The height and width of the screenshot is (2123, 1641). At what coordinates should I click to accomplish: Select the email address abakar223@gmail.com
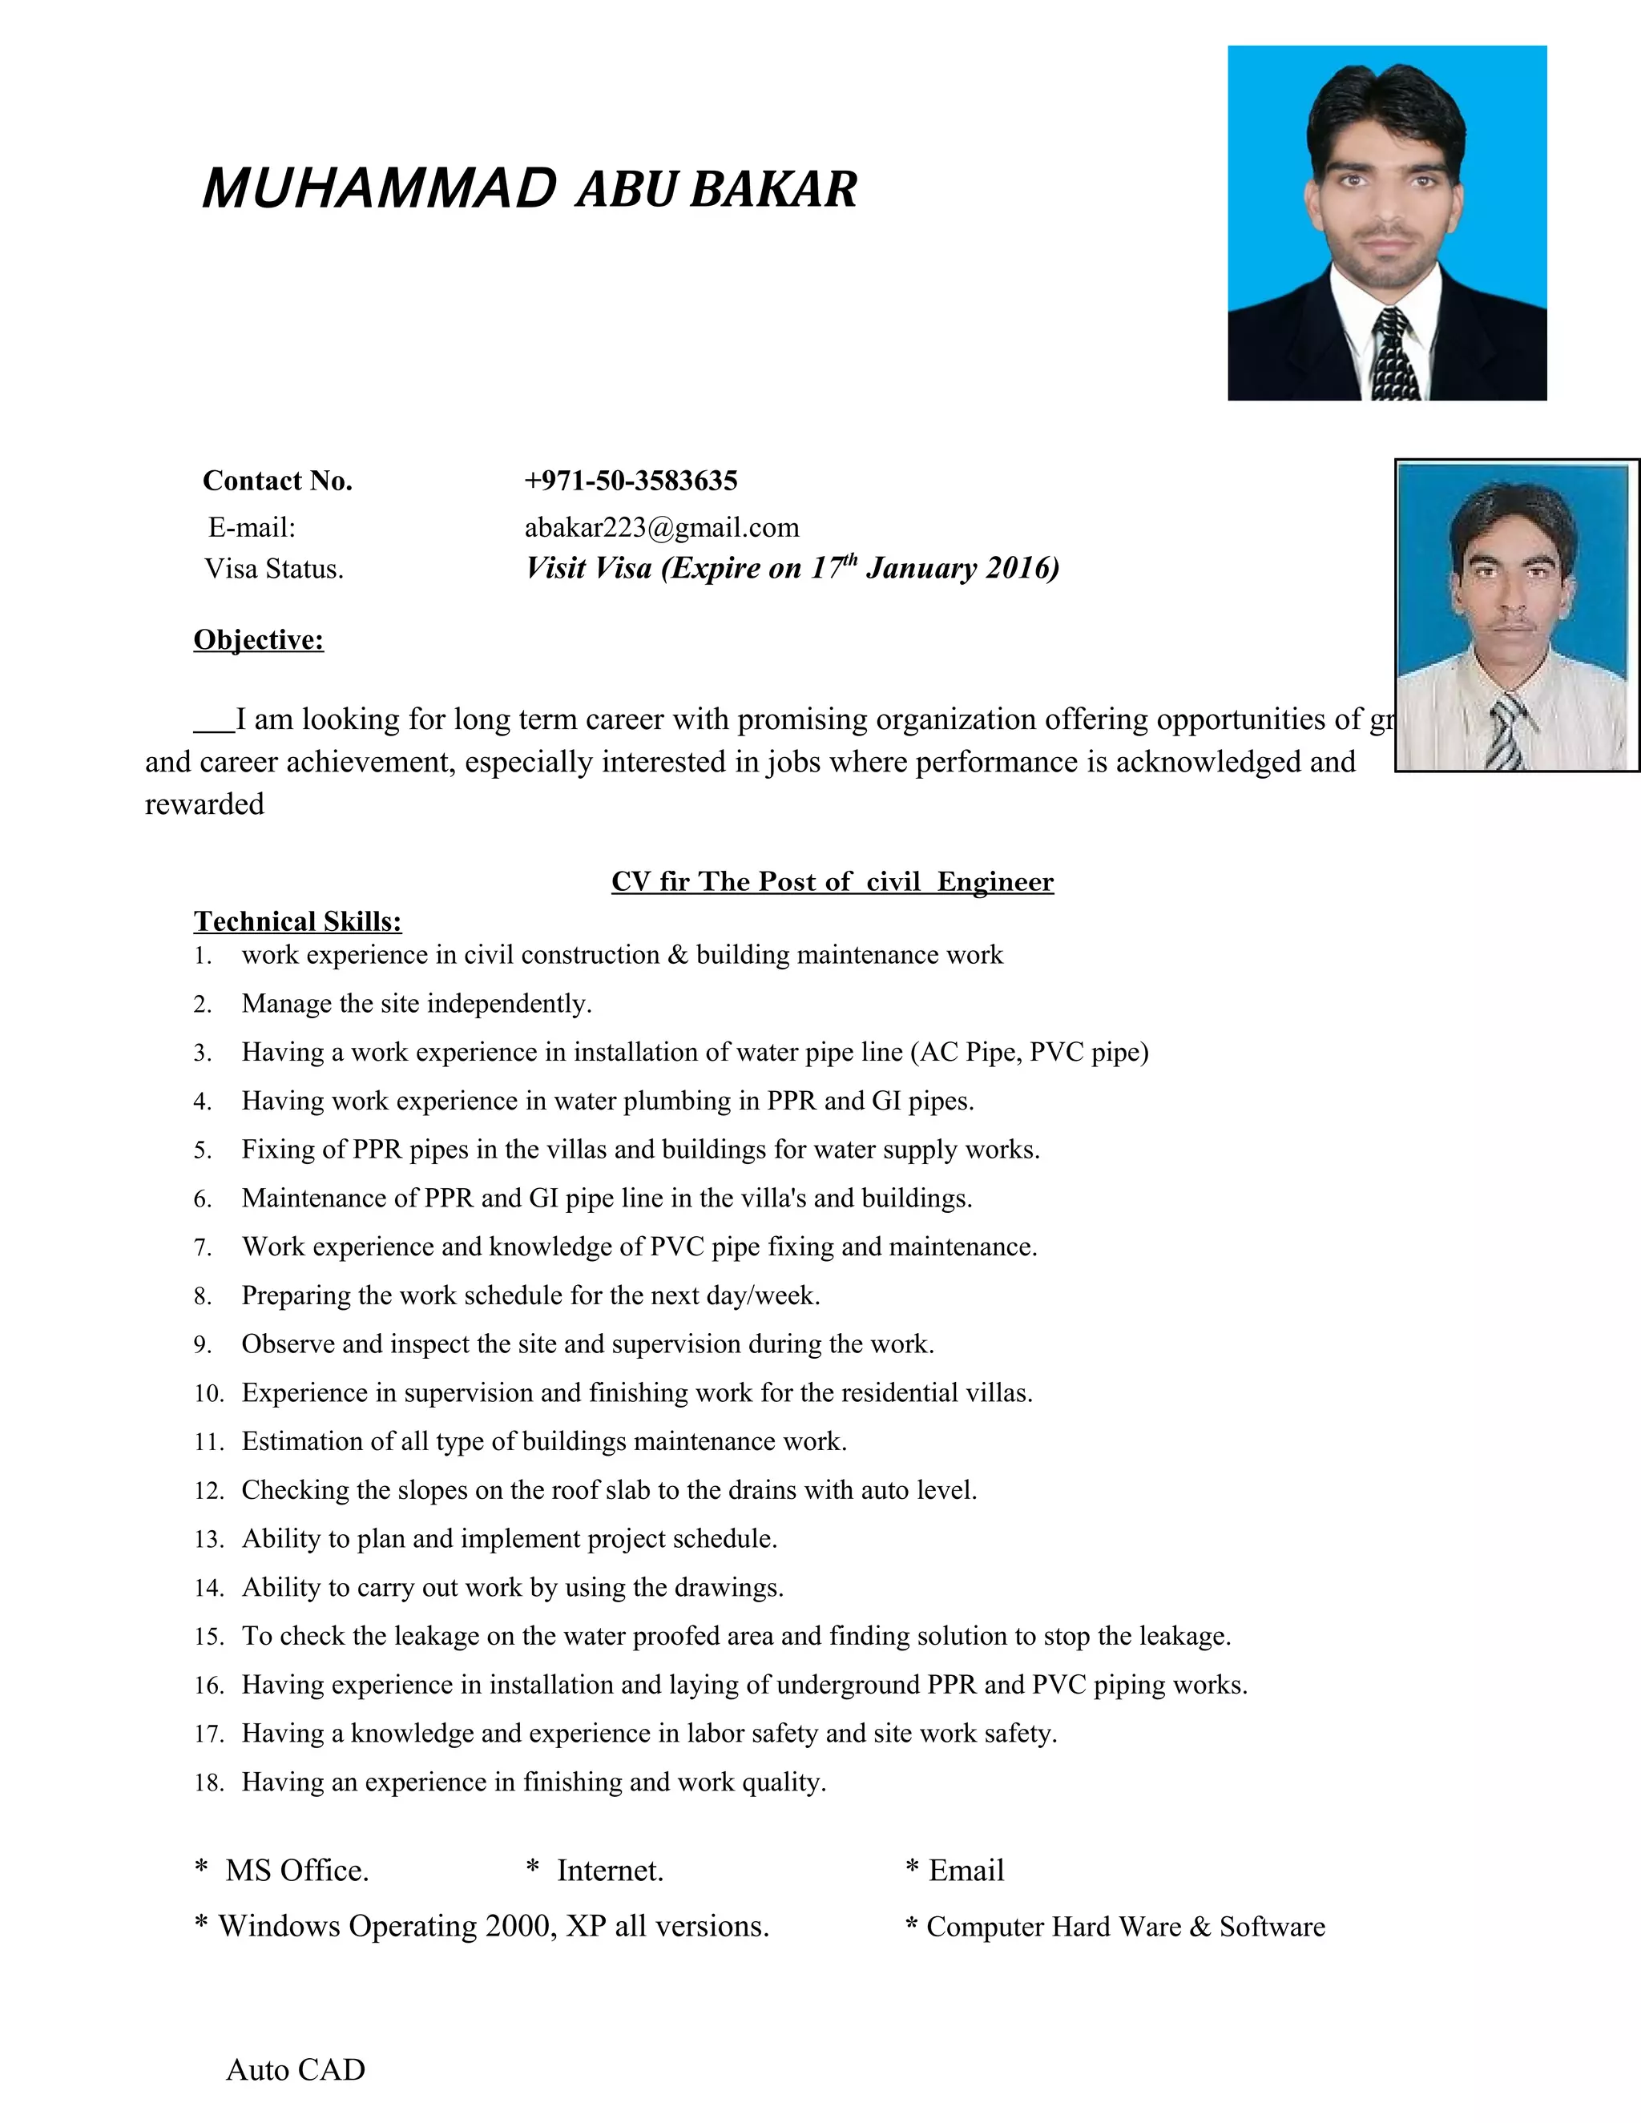[661, 527]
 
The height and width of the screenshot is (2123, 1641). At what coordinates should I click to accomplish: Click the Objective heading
[259, 639]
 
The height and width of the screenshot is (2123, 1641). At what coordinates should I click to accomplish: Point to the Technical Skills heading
[297, 921]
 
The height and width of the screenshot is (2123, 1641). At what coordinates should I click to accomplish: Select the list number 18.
[208, 1783]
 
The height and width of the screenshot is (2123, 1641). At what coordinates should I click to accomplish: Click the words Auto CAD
[296, 2069]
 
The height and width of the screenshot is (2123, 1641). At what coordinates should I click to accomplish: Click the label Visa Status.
[274, 569]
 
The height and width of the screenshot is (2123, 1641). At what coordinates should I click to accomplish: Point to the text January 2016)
[962, 568]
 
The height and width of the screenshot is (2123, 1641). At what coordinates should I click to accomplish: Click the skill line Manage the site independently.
[416, 1003]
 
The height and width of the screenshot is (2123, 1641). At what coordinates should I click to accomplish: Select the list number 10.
[208, 1393]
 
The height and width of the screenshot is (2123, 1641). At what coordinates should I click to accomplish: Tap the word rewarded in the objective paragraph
[204, 804]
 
